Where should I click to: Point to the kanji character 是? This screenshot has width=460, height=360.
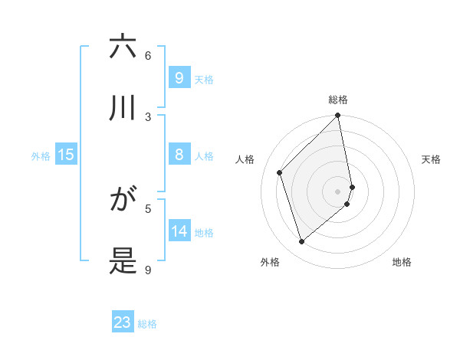tap(123, 260)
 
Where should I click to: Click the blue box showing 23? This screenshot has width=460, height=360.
tap(123, 322)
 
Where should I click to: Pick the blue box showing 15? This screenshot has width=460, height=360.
tap(66, 155)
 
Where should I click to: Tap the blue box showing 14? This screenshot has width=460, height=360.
tap(179, 231)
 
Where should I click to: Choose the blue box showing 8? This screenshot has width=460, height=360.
tap(179, 155)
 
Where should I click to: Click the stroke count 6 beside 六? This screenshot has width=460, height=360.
tap(148, 55)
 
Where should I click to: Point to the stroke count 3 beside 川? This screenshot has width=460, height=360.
tap(148, 116)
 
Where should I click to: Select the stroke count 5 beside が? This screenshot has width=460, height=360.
tap(148, 208)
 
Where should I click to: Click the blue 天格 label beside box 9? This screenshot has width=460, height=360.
tap(204, 79)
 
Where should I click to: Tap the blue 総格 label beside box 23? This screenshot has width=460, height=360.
tap(147, 324)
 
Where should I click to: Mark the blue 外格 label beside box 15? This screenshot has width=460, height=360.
tap(41, 156)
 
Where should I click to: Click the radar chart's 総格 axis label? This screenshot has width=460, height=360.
tap(338, 100)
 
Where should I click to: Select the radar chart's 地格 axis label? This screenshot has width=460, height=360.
tap(402, 262)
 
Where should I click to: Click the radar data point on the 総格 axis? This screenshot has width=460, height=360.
tap(338, 116)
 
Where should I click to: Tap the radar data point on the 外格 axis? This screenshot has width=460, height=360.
tap(301, 242)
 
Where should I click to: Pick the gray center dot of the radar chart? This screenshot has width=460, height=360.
tap(338, 191)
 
